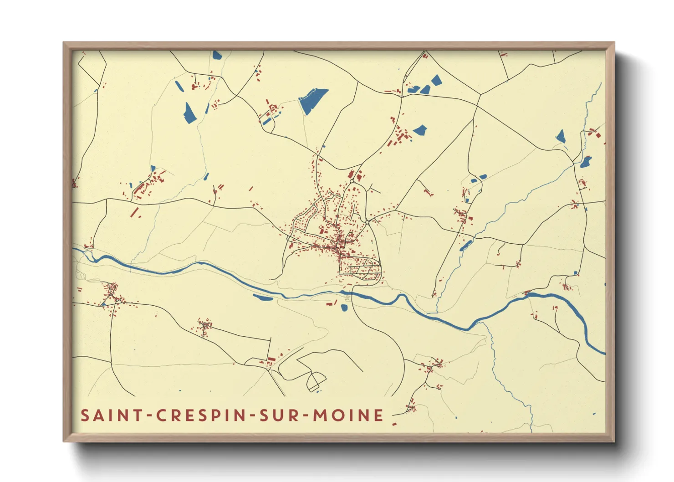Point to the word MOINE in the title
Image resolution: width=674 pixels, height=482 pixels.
pyautogui.click(x=348, y=415)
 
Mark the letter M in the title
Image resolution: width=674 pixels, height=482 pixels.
pyautogui.click(x=320, y=415)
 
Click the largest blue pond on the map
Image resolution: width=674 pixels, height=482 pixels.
pyautogui.click(x=313, y=101)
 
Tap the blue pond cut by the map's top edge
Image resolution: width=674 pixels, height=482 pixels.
pyautogui.click(x=217, y=55)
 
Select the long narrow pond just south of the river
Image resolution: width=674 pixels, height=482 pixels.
pyautogui.click(x=263, y=298)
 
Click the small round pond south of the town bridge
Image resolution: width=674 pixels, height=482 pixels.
pyautogui.click(x=344, y=308)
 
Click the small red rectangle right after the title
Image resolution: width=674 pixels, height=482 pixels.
pyautogui.click(x=394, y=425)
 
